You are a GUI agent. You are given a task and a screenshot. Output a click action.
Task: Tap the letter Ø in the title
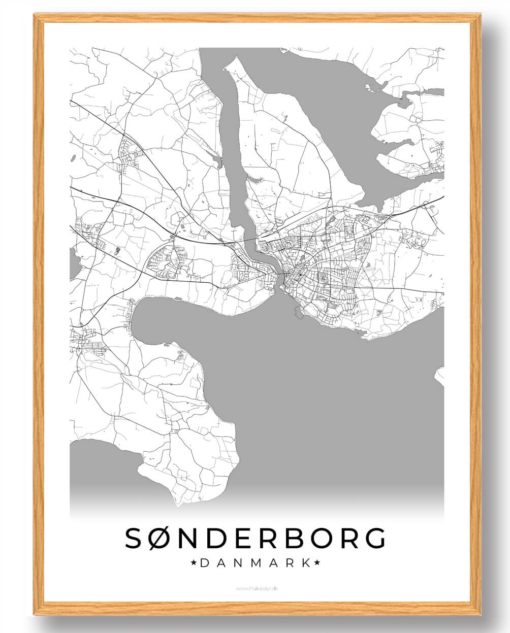(x=164, y=538)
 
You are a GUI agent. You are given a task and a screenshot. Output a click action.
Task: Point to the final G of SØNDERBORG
(x=373, y=538)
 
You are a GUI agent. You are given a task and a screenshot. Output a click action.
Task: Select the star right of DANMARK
(x=317, y=563)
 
